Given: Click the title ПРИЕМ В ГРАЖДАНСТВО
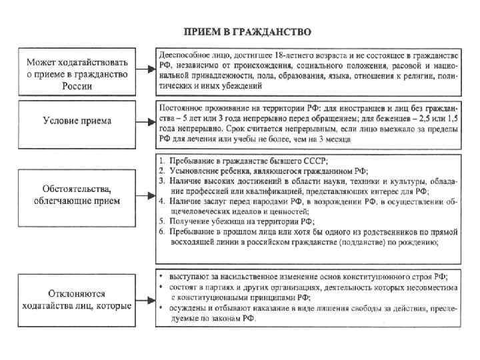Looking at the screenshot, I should point(247,31).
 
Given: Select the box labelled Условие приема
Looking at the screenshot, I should point(77,121).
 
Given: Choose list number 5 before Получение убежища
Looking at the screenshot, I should point(162,220).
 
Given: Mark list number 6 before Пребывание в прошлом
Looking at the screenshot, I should point(162,231).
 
